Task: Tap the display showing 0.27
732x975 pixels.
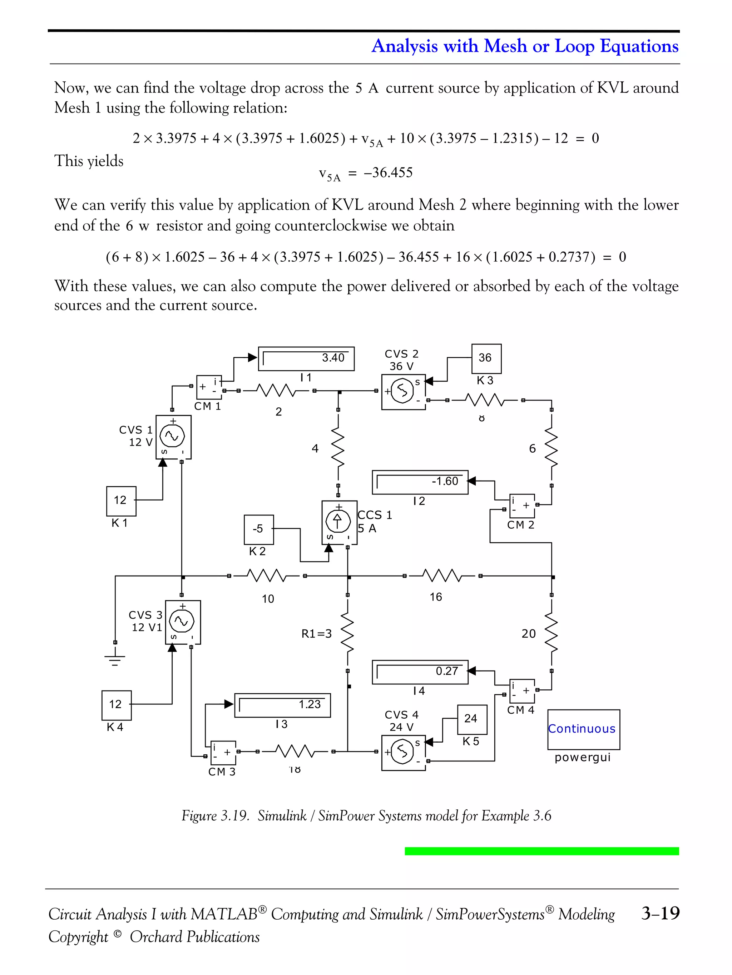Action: (x=420, y=672)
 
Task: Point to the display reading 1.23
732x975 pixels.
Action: (x=282, y=705)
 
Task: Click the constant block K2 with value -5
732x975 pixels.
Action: (x=258, y=529)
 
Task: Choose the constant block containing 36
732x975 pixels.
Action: (x=486, y=358)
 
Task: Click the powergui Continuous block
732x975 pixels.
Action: (x=583, y=729)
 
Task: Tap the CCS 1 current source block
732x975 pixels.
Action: (x=339, y=522)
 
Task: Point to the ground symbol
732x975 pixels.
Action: (x=115, y=659)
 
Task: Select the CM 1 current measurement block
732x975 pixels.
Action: (x=208, y=387)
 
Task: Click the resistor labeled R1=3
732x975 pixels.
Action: (x=348, y=633)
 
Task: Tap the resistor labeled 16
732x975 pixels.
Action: (x=442, y=575)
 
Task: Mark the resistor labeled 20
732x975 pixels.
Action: (x=552, y=633)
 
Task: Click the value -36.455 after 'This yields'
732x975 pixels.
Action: (x=388, y=172)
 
